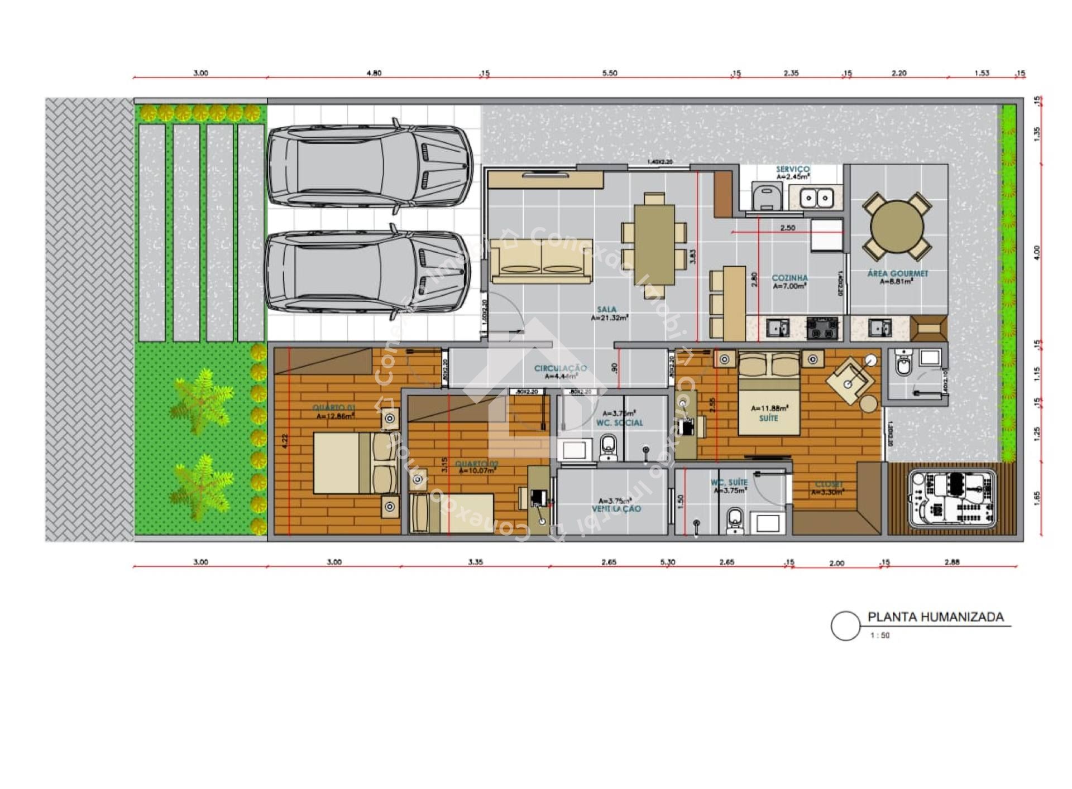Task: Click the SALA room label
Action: pyautogui.click(x=607, y=309)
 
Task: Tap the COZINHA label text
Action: pyautogui.click(x=789, y=278)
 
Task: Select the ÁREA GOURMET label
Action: pyautogui.click(x=897, y=273)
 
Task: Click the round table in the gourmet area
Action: pyautogui.click(x=897, y=226)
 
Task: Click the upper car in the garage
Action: pyautogui.click(x=370, y=165)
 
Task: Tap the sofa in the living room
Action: pyautogui.click(x=540, y=261)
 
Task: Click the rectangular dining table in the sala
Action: pyautogui.click(x=654, y=244)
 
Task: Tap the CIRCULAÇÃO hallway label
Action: pyautogui.click(x=560, y=368)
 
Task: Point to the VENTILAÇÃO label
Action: pyautogui.click(x=616, y=509)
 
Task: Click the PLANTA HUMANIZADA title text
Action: pyautogui.click(x=935, y=617)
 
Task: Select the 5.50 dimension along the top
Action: pyautogui.click(x=610, y=73)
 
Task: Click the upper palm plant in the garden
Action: pyautogui.click(x=201, y=400)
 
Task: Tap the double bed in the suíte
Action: pyautogui.click(x=769, y=395)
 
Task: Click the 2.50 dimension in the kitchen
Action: pyautogui.click(x=787, y=228)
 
